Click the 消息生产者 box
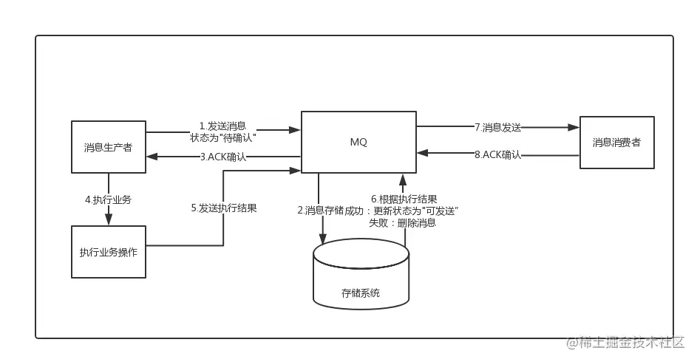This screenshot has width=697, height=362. pyautogui.click(x=109, y=147)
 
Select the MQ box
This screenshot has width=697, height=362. pyautogui.click(x=358, y=142)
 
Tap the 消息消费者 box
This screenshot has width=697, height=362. pyautogui.click(x=617, y=143)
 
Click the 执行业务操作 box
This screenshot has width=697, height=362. pyautogui.click(x=109, y=252)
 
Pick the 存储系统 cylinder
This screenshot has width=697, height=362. pyautogui.click(x=361, y=274)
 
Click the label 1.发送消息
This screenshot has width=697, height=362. pyautogui.click(x=222, y=126)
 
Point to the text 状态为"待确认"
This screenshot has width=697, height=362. pyautogui.click(x=223, y=137)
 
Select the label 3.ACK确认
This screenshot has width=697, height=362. pyautogui.click(x=223, y=157)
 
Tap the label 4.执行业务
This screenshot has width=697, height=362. pyautogui.click(x=109, y=200)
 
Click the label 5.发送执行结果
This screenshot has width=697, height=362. pyautogui.click(x=224, y=208)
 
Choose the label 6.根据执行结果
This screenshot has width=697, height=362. pyautogui.click(x=404, y=199)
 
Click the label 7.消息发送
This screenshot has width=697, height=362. pyautogui.click(x=498, y=128)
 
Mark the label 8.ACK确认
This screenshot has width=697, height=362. pyautogui.click(x=498, y=154)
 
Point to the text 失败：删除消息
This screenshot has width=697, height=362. pyautogui.click(x=403, y=222)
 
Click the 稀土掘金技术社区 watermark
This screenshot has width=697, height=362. pyautogui.click(x=625, y=343)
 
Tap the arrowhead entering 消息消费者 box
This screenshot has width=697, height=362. pyautogui.click(x=574, y=128)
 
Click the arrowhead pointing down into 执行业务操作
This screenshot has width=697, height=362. pyautogui.click(x=109, y=219)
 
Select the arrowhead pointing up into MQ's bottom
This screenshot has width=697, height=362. pyautogui.click(x=403, y=180)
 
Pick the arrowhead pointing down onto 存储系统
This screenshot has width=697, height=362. pyautogui.click(x=323, y=238)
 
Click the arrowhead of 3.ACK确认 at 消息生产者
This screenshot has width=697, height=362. pyautogui.click(x=152, y=157)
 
